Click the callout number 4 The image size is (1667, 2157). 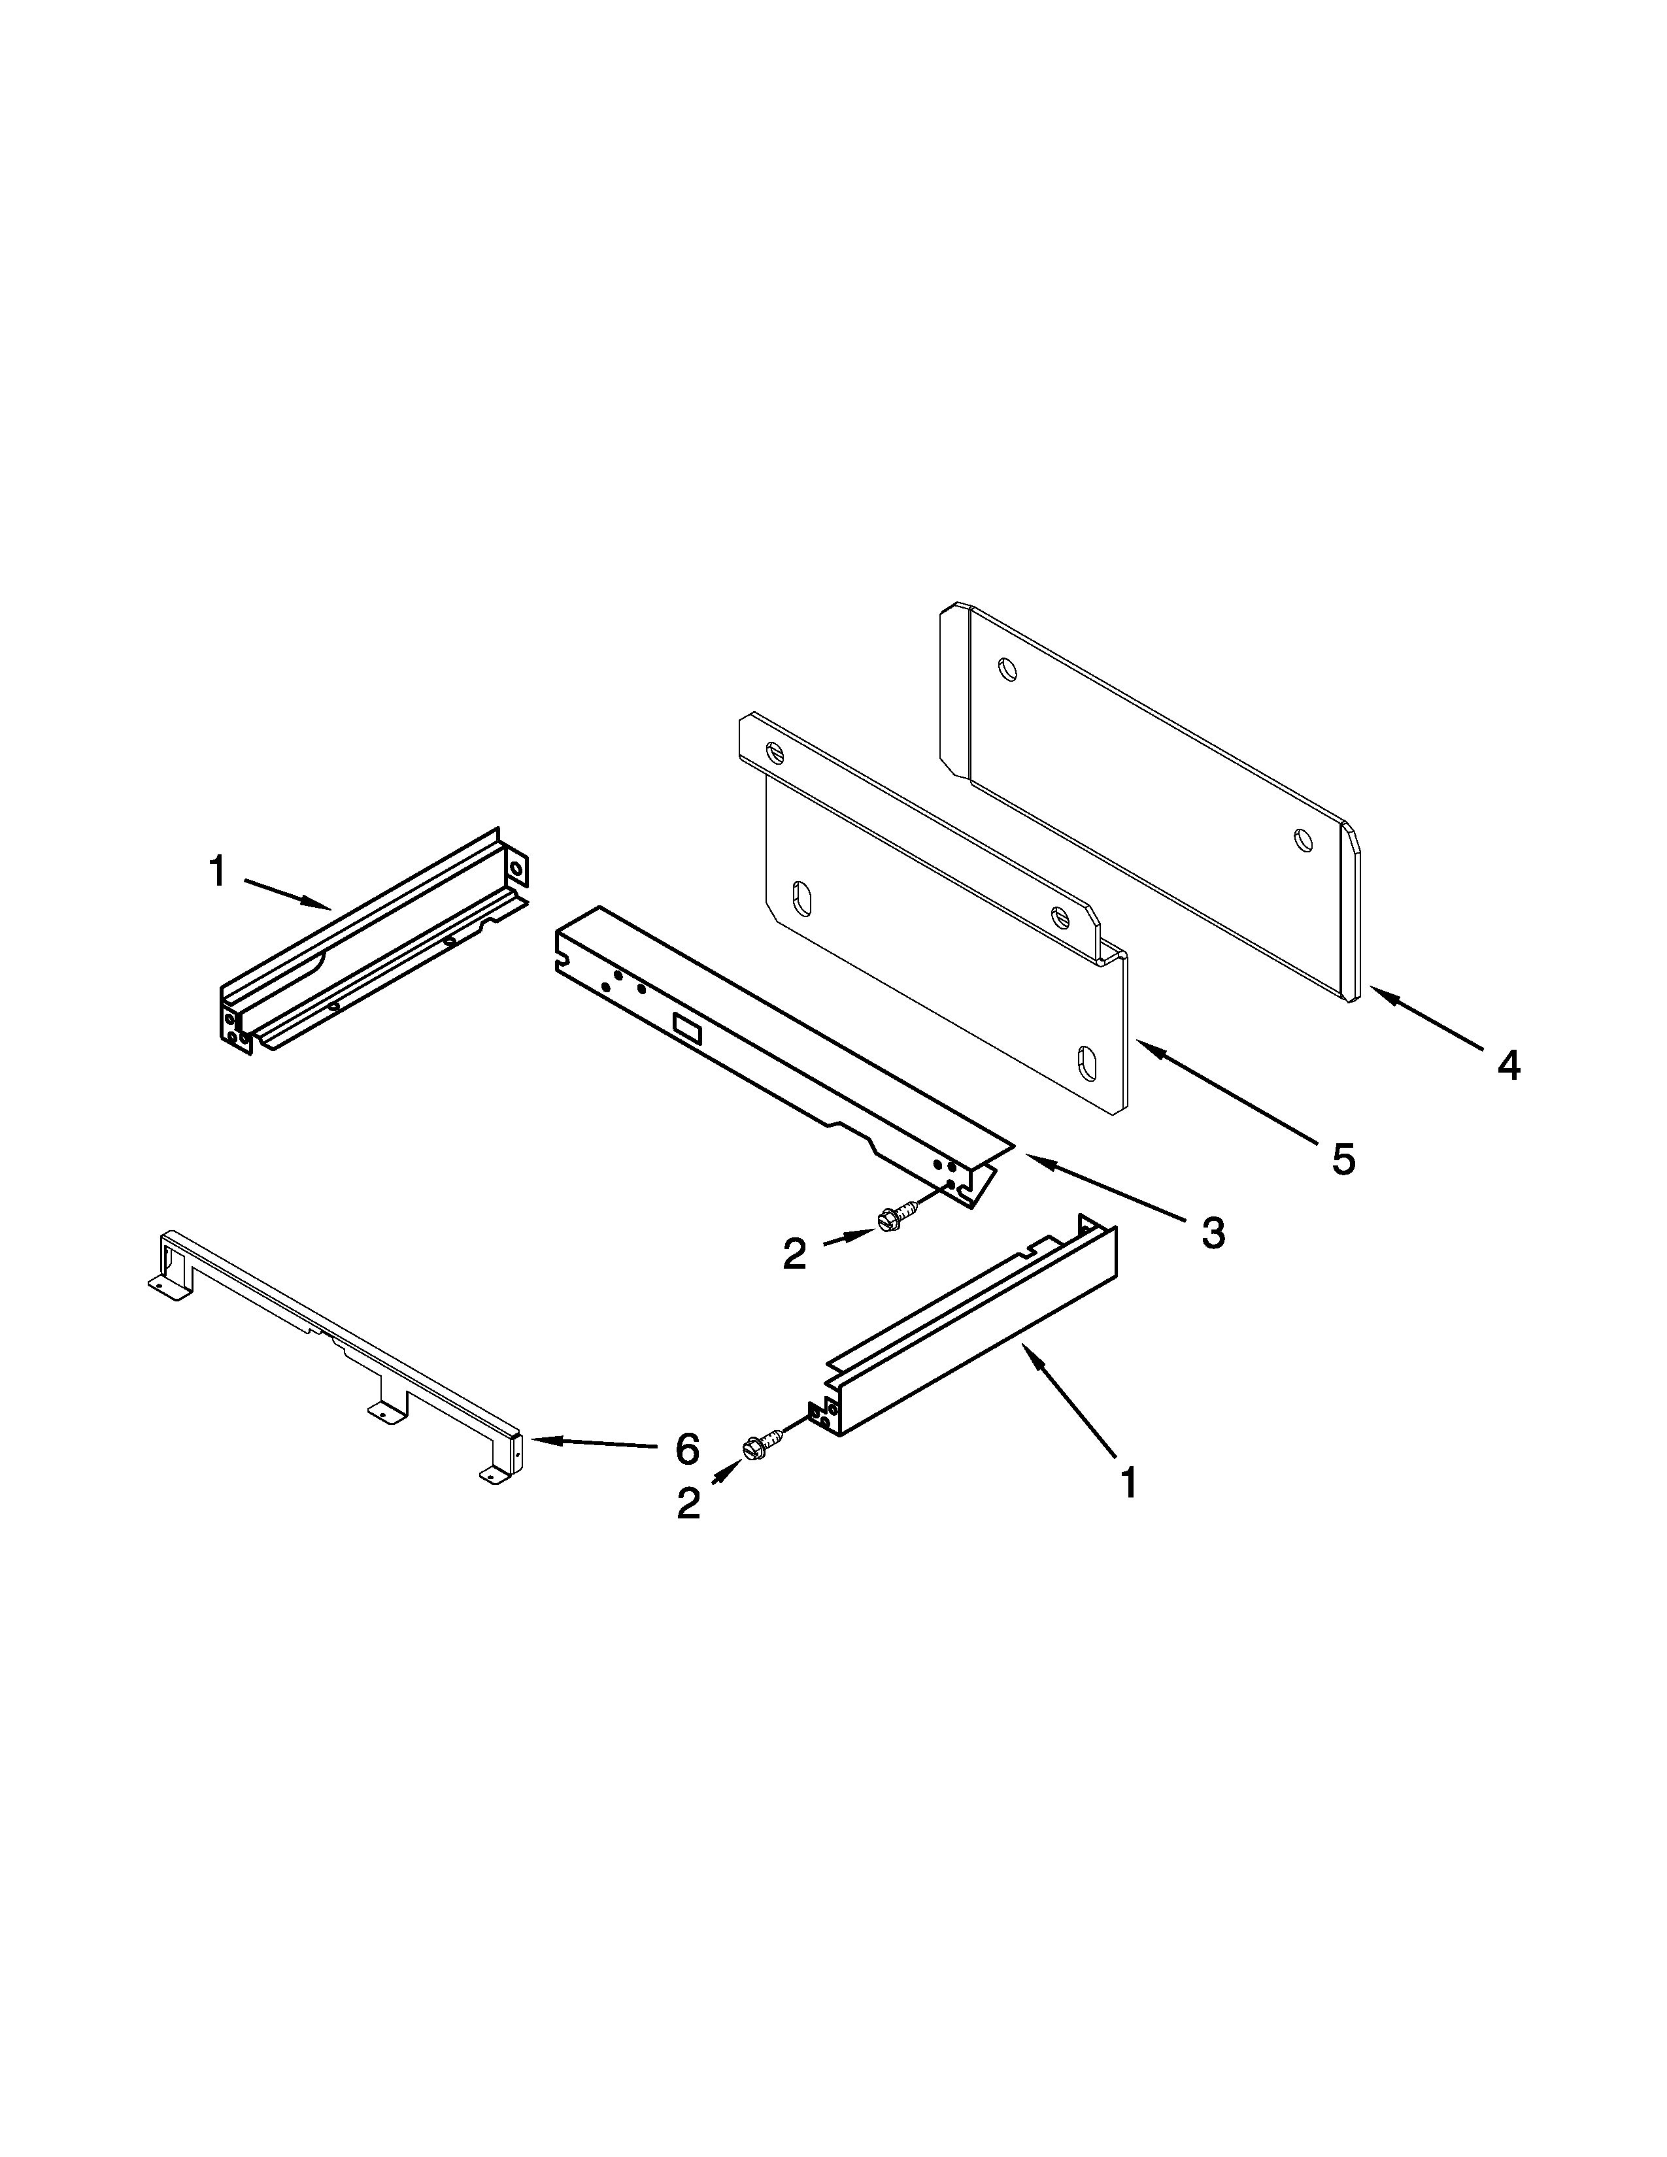(x=1508, y=1065)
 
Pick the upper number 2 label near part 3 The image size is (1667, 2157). (x=794, y=1254)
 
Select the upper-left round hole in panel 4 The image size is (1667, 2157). (x=1005, y=669)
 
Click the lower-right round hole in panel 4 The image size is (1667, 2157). (x=1304, y=839)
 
